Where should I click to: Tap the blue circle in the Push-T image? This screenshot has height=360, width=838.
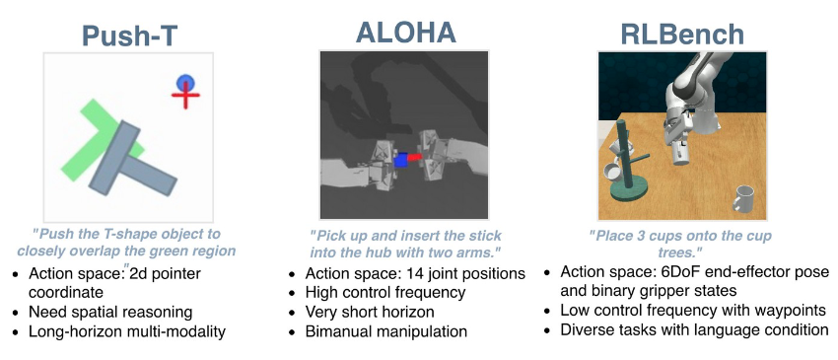183,84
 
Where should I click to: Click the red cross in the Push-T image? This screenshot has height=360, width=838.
184,96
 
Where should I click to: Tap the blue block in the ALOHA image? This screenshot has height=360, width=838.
401,158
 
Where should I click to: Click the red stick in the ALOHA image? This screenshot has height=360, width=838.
414,157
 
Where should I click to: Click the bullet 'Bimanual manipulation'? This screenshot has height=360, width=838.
385,331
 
